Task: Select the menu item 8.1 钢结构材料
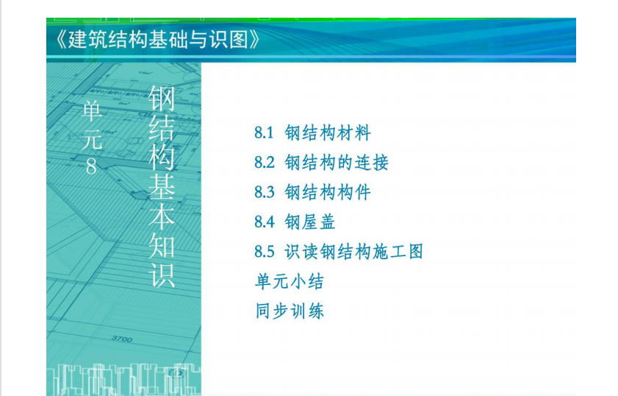312,132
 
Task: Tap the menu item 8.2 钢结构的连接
322,162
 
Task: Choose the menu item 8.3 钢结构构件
312,192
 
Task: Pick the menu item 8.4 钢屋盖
295,222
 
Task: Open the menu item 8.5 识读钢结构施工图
339,252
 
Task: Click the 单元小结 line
290,281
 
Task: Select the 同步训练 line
290,311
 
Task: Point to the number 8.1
264,133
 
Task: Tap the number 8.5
264,252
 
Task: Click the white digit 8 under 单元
91,166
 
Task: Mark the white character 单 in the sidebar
92,111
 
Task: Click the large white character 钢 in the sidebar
162,99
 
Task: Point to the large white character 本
162,216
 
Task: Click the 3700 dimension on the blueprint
122,339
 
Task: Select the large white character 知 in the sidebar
162,246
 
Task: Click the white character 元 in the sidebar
93,139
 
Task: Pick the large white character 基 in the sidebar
162,187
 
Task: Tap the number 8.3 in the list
264,192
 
